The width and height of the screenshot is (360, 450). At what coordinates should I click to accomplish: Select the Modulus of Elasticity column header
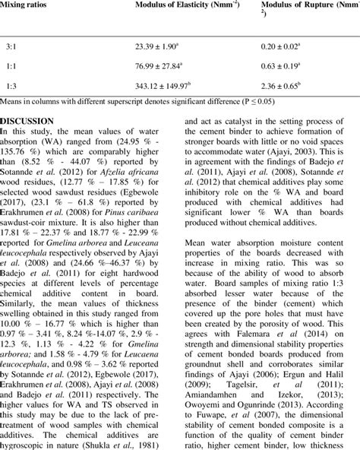click(x=178, y=7)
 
